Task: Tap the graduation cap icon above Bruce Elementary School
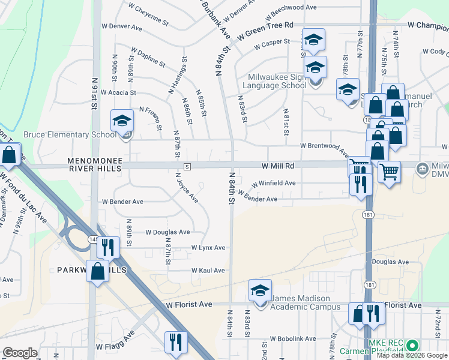click(x=122, y=121)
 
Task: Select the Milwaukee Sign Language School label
click(x=277, y=81)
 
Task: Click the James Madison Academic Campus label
click(x=300, y=302)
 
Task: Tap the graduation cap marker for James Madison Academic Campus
click(x=260, y=291)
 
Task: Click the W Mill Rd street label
click(x=277, y=165)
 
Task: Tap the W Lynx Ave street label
click(x=208, y=248)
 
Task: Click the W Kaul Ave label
click(x=208, y=271)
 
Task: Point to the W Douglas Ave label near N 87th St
click(x=167, y=232)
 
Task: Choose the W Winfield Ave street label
click(x=273, y=184)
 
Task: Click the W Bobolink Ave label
click(x=292, y=339)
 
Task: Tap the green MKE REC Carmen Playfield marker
click(x=412, y=346)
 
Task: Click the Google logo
click(x=19, y=353)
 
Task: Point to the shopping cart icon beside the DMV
click(x=389, y=172)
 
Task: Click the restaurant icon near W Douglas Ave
click(x=109, y=247)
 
